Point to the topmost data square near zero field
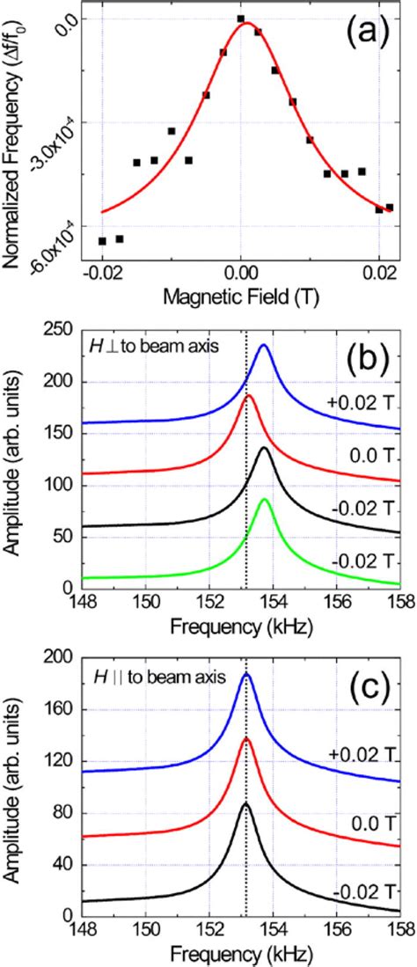(x=240, y=18)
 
